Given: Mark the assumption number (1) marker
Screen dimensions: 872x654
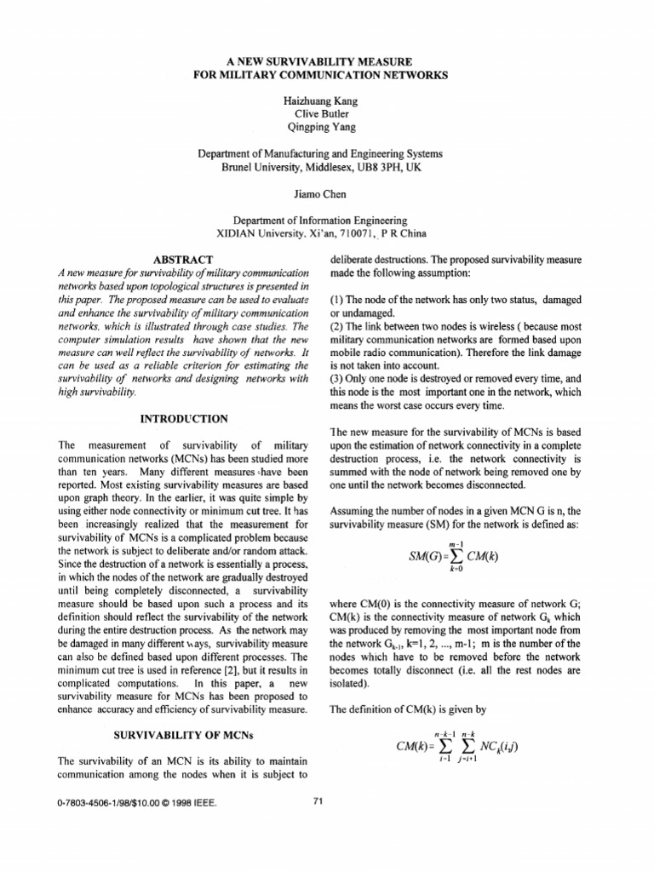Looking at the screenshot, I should (337, 301).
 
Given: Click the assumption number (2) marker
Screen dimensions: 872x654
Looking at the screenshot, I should (337, 326).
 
